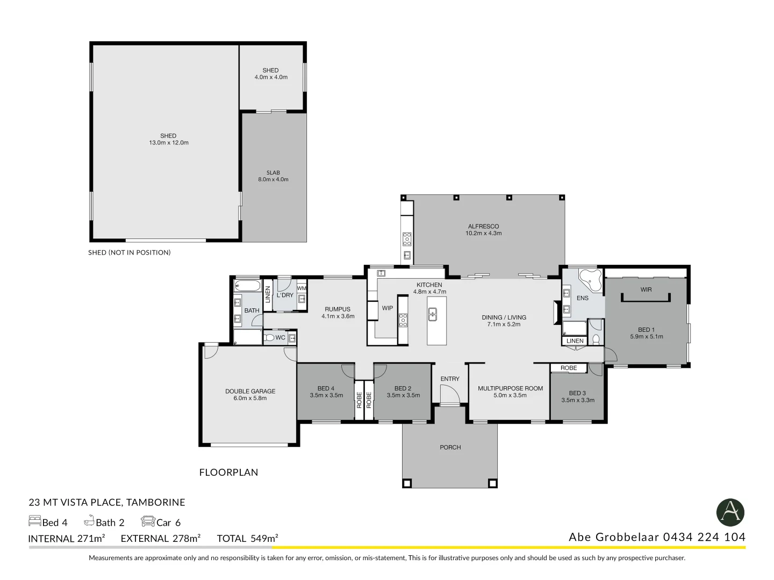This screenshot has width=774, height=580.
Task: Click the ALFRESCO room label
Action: click(483, 227)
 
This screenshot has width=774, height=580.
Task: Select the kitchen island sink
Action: click(433, 314)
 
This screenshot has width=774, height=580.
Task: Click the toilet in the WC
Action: click(269, 338)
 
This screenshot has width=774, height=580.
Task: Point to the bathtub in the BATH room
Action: click(248, 286)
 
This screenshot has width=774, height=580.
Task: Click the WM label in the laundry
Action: click(302, 288)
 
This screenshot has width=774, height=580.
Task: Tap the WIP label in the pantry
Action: click(387, 308)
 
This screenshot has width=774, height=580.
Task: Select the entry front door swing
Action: click(450, 394)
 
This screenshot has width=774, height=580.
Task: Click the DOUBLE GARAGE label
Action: click(250, 392)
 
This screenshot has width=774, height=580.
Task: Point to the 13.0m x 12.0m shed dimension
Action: click(169, 143)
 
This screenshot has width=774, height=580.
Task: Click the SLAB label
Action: click(273, 172)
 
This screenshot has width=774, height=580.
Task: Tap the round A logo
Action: click(730, 513)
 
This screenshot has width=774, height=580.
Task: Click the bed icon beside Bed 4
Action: click(35, 521)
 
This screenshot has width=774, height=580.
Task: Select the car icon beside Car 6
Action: click(148, 521)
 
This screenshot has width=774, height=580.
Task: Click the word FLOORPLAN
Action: click(228, 473)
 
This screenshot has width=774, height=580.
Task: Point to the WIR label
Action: click(646, 290)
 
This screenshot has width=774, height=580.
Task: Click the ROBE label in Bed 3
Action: click(569, 368)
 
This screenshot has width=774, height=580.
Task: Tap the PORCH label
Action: click(450, 447)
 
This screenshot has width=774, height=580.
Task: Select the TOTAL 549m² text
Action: click(248, 539)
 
